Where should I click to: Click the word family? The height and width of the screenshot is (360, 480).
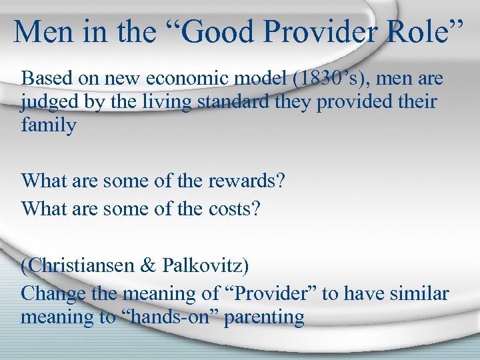point(49,125)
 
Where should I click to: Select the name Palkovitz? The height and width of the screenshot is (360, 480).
point(205,265)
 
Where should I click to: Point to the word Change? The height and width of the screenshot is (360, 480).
point(53,293)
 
